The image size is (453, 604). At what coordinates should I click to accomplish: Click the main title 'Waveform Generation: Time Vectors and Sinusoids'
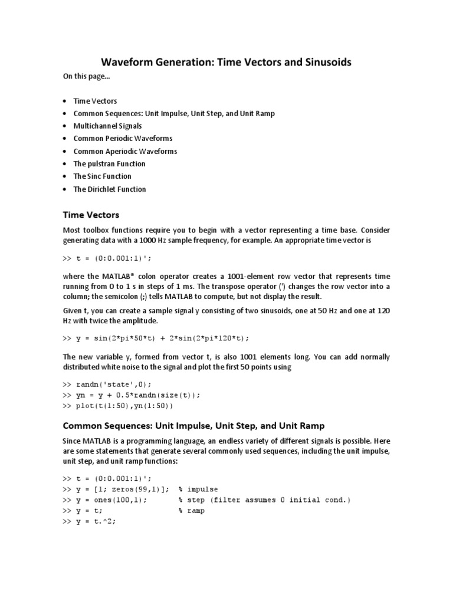coord(226,62)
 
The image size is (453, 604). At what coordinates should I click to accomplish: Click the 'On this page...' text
coord(87,76)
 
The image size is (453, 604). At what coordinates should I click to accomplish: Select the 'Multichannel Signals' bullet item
coord(107,126)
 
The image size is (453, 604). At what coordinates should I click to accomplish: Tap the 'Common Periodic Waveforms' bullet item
coord(123,139)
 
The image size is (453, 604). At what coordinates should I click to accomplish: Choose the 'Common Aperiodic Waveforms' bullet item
coord(125,151)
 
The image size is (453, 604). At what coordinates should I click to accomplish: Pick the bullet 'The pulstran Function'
coord(109,164)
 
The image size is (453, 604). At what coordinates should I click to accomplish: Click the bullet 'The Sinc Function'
coord(102,176)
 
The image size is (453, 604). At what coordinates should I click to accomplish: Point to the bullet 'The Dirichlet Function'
coord(109,189)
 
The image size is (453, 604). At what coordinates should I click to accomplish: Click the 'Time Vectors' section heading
coord(91,215)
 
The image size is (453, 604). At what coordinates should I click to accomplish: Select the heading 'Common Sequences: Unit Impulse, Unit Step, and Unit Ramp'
coord(193,425)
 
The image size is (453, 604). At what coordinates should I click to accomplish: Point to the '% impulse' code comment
coord(198,489)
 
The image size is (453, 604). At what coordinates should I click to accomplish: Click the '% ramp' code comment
coord(192,511)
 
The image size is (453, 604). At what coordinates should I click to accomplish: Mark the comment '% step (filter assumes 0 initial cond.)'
coord(264,500)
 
